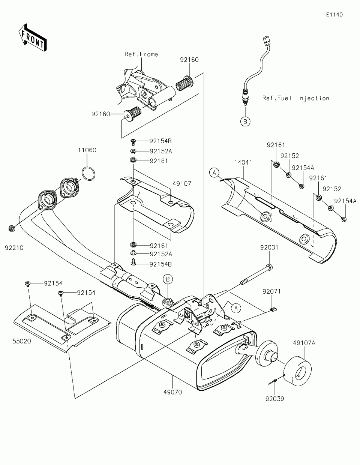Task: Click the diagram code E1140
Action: pos(334,15)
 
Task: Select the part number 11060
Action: pos(87,150)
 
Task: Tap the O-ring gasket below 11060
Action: pos(88,174)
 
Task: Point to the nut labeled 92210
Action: pos(12,228)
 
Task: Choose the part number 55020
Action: pos(21,341)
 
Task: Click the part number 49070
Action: pos(173,392)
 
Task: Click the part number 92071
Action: pos(272,291)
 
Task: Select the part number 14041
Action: pos(243,163)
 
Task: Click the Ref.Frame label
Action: pos(141,54)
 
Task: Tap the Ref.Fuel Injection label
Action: pos(295,98)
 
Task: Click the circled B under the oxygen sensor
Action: pos(245,121)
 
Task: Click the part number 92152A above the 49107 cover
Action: pos(160,151)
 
